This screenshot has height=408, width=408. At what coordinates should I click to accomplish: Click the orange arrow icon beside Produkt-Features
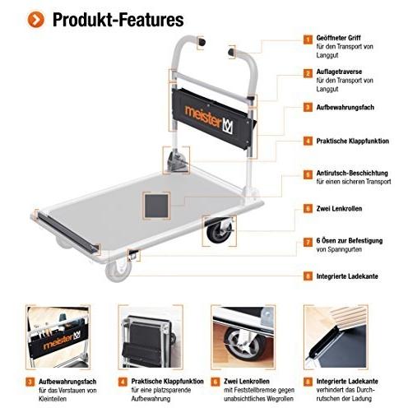[x=35, y=20]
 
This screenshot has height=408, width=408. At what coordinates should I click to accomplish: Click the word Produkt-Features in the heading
[x=118, y=20]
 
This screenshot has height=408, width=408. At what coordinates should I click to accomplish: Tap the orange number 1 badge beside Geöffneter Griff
[x=308, y=39]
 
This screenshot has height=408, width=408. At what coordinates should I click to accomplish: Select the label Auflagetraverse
[x=339, y=72]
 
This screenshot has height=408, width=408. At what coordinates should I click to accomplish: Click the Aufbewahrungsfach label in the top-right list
[x=345, y=107]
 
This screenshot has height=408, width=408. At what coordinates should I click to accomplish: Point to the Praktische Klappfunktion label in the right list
[x=352, y=141]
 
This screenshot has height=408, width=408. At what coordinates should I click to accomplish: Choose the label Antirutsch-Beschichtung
[x=352, y=173]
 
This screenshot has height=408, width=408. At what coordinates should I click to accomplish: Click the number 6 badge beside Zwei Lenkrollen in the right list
[x=308, y=208]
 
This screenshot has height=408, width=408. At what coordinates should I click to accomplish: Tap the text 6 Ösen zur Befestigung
[x=350, y=241]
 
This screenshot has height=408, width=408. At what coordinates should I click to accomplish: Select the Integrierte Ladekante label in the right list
[x=347, y=276]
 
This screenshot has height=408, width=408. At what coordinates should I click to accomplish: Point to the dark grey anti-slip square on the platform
[x=156, y=206]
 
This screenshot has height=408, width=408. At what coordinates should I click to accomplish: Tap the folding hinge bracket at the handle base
[x=177, y=160]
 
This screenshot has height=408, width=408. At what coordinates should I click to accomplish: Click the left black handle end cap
[x=202, y=43]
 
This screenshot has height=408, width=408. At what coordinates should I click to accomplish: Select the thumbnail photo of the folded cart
[x=151, y=336]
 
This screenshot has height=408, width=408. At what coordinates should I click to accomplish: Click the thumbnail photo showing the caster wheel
[x=243, y=336]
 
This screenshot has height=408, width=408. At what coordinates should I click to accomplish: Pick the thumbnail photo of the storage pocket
[x=58, y=336]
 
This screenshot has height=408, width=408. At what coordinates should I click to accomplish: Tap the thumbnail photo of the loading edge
[x=336, y=336]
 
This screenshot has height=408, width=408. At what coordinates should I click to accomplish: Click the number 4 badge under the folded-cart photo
[x=123, y=382]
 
